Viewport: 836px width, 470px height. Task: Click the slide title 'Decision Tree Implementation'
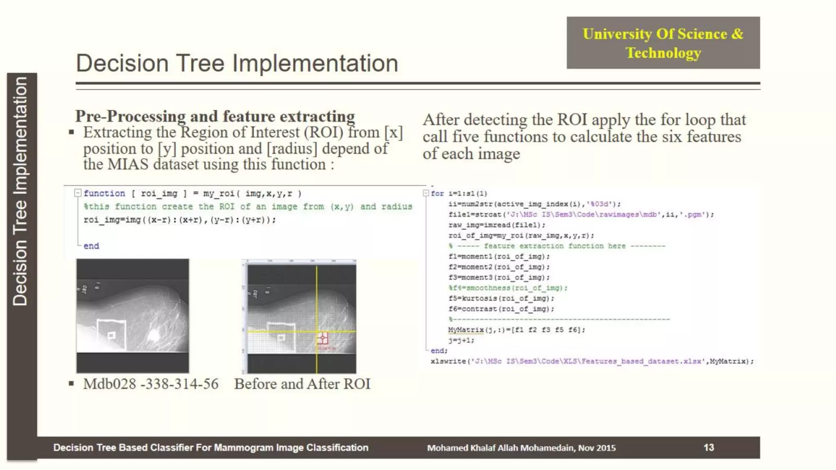pyautogui.click(x=237, y=63)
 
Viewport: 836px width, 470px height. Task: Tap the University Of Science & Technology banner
pyautogui.click(x=663, y=43)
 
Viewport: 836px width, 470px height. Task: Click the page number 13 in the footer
pyautogui.click(x=709, y=447)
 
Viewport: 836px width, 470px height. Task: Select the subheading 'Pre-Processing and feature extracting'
pyautogui.click(x=215, y=116)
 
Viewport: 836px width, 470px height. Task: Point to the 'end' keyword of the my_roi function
pyautogui.click(x=91, y=246)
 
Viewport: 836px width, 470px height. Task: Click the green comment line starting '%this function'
pyautogui.click(x=248, y=206)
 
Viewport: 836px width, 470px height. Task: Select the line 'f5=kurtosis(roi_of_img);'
pyautogui.click(x=501, y=298)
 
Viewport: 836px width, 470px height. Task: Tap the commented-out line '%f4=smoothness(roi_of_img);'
pyautogui.click(x=508, y=288)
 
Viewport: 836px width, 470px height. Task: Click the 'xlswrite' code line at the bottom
pyautogui.click(x=592, y=361)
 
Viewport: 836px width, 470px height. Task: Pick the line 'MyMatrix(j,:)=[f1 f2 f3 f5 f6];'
pyautogui.click(x=516, y=330)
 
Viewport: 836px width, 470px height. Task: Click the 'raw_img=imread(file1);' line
pyautogui.click(x=496, y=225)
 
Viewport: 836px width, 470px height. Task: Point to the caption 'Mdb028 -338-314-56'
pyautogui.click(x=151, y=384)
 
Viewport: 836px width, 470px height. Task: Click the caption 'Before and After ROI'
pyautogui.click(x=302, y=384)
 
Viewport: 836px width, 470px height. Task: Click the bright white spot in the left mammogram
pyautogui.click(x=154, y=335)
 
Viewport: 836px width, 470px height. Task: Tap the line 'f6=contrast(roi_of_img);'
pyautogui.click(x=501, y=309)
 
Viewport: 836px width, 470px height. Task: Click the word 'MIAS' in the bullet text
pyautogui.click(x=128, y=164)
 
